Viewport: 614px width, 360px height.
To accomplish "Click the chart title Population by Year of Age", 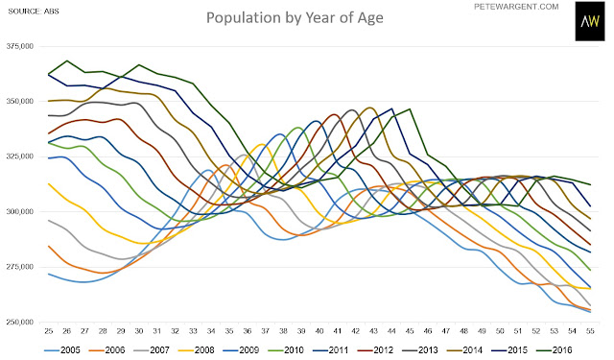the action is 295,18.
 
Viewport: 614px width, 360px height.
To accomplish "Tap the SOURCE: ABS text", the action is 34,12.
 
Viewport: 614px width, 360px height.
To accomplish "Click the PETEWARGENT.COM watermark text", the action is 516,7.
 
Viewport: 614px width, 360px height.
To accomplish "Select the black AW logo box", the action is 590,21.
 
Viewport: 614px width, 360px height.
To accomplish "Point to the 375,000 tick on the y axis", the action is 20,46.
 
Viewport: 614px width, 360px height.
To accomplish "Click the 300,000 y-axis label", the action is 20,211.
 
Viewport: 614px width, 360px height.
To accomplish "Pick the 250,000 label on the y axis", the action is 20,322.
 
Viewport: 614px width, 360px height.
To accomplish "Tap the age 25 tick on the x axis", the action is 49,331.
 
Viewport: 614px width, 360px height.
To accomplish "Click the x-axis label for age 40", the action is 319,331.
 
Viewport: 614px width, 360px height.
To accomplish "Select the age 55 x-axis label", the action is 590,331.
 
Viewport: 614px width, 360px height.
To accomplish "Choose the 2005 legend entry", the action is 62,350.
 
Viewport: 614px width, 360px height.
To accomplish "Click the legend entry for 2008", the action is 196,350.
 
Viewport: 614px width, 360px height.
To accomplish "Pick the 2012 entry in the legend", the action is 375,350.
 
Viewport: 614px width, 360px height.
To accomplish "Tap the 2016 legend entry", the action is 554,350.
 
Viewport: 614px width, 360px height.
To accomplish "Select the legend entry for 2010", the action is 286,350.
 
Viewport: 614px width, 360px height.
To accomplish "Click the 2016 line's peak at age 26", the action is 67,60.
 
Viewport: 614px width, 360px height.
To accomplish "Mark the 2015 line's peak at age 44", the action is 391,108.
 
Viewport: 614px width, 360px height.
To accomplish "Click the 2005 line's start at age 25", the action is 49,274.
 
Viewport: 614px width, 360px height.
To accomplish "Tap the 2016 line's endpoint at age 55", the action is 590,184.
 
